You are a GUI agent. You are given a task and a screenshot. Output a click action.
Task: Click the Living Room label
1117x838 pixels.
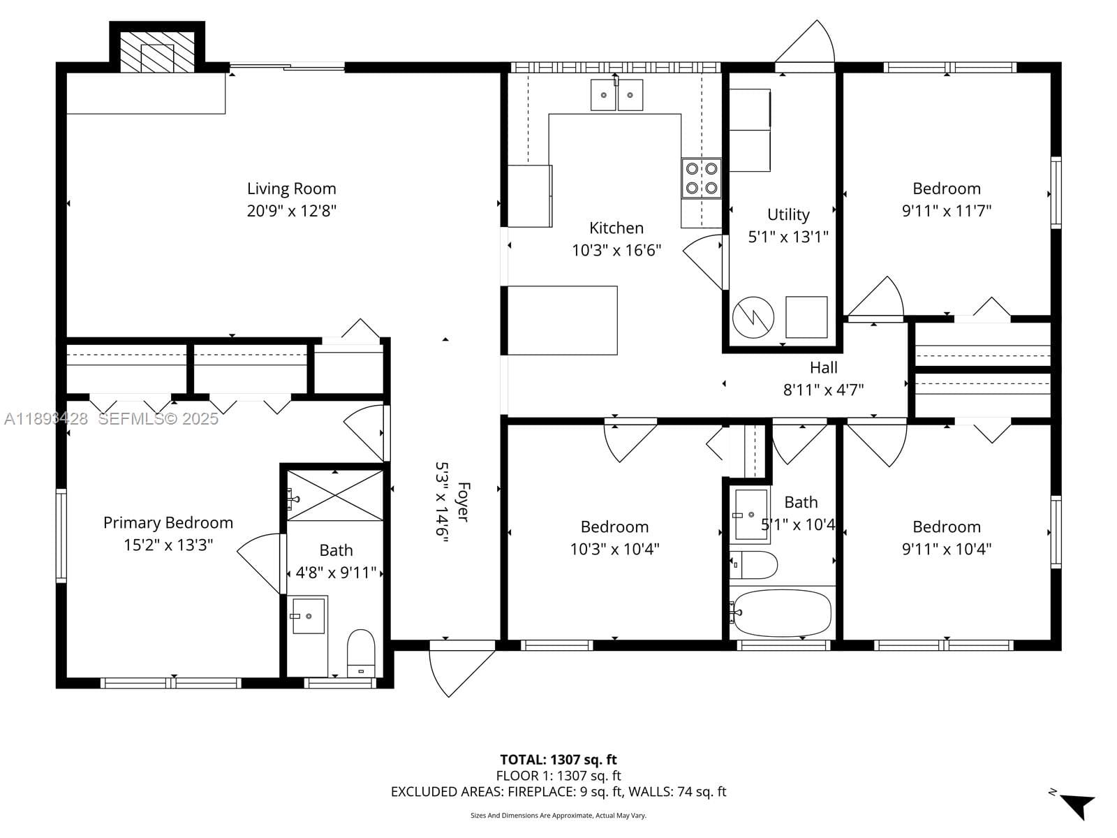[x=292, y=189]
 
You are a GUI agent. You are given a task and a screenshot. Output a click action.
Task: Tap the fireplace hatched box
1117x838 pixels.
[x=157, y=52]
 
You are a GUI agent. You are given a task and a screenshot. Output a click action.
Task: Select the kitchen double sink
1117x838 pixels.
[x=616, y=95]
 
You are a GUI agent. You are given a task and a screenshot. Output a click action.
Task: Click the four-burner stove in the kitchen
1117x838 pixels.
[x=701, y=177]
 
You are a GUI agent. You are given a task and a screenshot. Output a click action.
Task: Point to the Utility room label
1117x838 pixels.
[x=788, y=214]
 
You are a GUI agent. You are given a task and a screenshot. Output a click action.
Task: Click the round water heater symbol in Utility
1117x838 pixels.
[x=753, y=317]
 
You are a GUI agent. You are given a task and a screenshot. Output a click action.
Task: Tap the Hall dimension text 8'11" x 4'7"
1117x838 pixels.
[x=823, y=390]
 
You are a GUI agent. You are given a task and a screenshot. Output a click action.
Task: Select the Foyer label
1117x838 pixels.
[x=463, y=501]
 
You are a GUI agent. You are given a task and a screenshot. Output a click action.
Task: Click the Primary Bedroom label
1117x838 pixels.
[x=168, y=522]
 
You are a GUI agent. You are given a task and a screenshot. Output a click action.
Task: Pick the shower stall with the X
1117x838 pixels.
[x=335, y=495]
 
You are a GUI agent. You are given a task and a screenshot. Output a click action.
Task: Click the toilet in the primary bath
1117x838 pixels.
[x=361, y=654]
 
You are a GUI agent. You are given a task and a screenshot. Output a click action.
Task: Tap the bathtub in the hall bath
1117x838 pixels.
[x=783, y=613]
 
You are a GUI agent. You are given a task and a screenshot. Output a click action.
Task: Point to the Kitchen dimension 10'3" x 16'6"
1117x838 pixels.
[x=616, y=250]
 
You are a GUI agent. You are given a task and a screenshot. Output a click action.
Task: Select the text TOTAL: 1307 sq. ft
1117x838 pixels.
[x=558, y=760]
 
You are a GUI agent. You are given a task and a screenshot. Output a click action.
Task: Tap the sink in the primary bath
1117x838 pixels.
[x=309, y=616]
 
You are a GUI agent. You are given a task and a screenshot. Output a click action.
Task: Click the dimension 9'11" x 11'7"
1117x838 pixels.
[x=947, y=211]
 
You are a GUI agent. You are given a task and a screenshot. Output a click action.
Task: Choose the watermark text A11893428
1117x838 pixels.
[x=46, y=419]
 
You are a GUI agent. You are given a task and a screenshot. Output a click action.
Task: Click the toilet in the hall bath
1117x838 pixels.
[x=754, y=565]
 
